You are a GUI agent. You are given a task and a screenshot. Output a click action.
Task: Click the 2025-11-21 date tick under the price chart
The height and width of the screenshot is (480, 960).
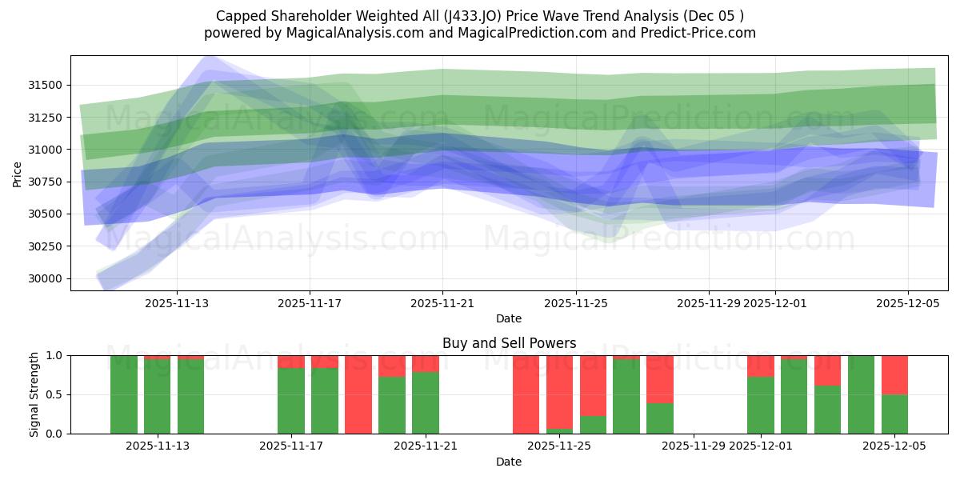click(x=442, y=304)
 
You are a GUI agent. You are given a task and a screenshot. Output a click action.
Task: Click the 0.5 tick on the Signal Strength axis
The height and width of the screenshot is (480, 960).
click(x=56, y=394)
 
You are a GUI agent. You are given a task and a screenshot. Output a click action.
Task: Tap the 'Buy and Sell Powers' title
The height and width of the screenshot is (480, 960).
click(x=509, y=343)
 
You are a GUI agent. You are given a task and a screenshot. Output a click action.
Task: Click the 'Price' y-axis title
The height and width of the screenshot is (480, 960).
click(x=18, y=174)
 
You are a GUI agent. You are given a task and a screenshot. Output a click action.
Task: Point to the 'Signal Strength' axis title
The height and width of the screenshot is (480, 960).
click(x=34, y=394)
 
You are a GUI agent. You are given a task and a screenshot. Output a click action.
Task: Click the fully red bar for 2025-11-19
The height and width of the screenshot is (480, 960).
click(x=358, y=394)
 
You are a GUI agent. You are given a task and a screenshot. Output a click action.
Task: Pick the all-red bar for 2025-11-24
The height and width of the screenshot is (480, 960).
click(x=526, y=394)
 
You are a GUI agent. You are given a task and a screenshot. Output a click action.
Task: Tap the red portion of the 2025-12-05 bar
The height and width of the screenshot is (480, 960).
click(x=894, y=374)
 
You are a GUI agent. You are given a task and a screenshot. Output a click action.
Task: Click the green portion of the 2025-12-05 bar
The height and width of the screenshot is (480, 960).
click(x=894, y=414)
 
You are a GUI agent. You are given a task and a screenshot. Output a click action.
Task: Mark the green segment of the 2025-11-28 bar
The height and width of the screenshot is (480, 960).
click(x=660, y=418)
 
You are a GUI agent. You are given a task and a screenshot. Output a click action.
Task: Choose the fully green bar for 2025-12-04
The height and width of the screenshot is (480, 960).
click(x=861, y=394)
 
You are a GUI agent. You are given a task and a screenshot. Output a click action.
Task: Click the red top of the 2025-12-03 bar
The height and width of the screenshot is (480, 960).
click(x=827, y=370)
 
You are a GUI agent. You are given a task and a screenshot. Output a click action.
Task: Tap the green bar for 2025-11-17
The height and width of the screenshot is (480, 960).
click(x=291, y=401)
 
